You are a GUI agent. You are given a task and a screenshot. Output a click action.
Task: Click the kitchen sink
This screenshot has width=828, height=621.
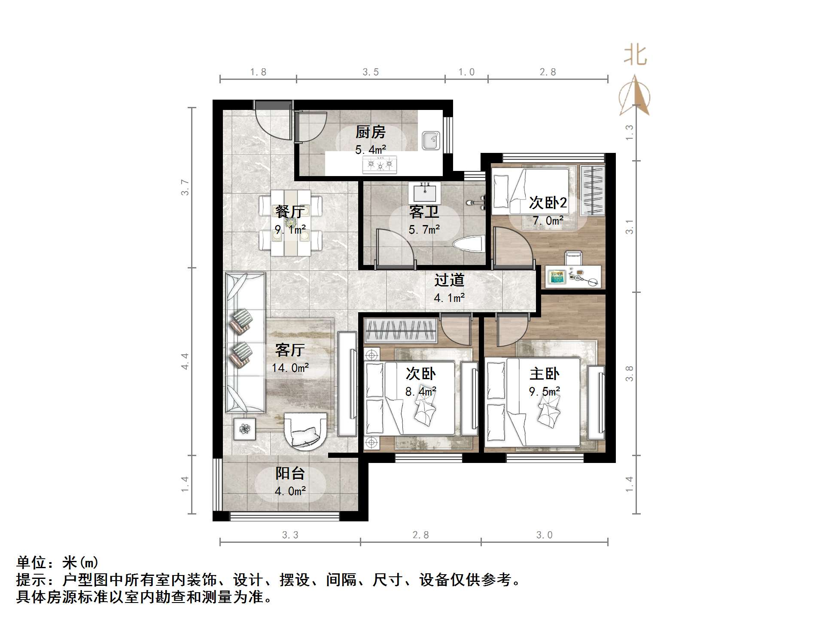(431, 140)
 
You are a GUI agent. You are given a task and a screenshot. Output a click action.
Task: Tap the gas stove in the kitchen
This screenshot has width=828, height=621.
(380, 164)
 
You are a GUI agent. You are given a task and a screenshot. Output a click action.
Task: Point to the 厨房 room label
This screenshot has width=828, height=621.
(370, 132)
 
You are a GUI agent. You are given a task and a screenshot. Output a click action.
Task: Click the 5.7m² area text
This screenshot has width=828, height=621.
(424, 230)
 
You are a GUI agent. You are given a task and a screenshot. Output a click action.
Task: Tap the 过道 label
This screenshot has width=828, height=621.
(449, 280)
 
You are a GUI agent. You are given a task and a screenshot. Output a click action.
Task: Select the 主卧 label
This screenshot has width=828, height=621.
(544, 374)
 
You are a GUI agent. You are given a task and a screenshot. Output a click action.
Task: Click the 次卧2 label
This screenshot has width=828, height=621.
(548, 203)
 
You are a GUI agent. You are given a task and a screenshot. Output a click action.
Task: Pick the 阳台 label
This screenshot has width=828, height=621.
(290, 473)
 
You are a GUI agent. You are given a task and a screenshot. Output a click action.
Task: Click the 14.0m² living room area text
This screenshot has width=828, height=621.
(290, 368)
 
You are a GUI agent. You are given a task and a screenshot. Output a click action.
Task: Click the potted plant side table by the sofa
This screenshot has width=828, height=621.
(244, 429)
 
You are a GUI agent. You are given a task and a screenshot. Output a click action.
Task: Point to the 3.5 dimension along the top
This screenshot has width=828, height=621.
(370, 72)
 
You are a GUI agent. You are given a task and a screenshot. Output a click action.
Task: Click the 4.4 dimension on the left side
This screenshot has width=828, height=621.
(185, 361)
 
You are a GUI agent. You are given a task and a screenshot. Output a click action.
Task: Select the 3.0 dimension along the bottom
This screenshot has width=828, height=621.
(544, 535)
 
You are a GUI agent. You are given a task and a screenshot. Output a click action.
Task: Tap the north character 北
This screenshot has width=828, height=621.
(635, 55)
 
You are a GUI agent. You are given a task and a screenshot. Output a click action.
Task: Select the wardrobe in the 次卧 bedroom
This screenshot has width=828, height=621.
(400, 331)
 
